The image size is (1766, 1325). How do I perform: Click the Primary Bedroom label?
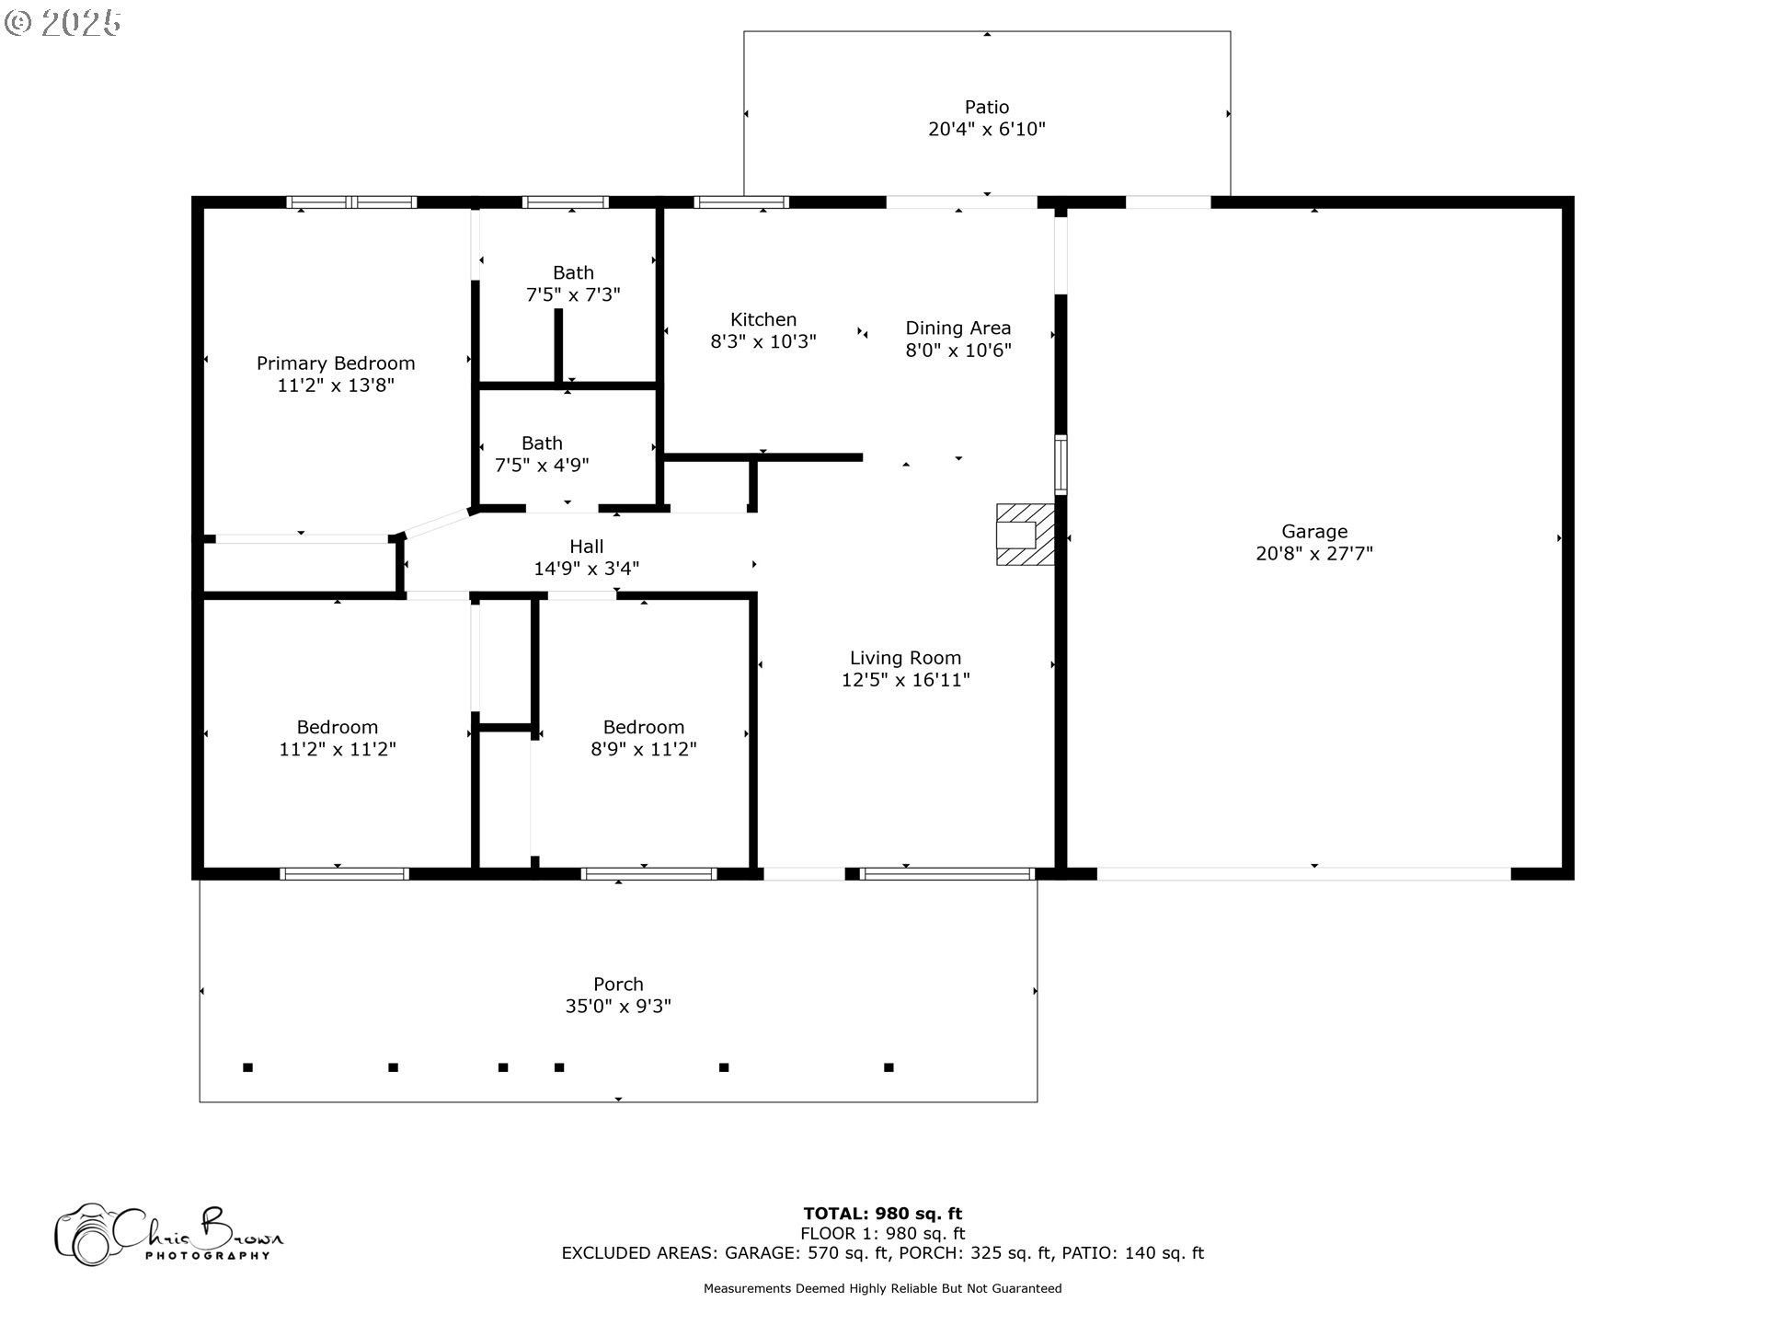point(336,363)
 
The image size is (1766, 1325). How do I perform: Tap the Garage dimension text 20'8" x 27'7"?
point(1313,554)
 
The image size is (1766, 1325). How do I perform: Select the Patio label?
point(986,107)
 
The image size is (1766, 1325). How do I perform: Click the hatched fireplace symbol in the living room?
point(1024,535)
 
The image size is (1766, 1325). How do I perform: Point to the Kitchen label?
point(763,319)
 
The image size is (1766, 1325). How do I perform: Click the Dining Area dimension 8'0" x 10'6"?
point(958,351)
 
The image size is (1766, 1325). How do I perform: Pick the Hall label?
point(586,547)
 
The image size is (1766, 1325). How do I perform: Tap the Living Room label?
point(905,658)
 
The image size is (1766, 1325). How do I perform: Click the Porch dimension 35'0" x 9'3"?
point(618,1007)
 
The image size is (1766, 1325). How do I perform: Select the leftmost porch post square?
point(247,1067)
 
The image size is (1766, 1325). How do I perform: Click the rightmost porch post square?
point(889,1067)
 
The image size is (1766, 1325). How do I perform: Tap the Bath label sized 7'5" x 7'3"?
point(573,273)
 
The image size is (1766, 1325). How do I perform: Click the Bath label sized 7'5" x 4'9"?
point(542,444)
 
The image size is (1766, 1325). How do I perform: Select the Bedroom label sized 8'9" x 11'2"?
point(643,727)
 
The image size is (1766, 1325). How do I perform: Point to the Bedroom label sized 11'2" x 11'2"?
point(337,727)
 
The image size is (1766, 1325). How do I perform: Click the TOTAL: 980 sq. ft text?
point(882,1214)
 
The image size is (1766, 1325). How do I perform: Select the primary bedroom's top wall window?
point(351,202)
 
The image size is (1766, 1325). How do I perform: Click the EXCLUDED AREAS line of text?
point(882,1253)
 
